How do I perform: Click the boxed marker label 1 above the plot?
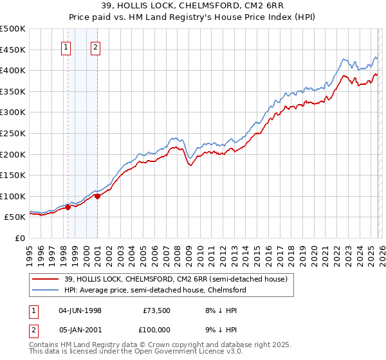(67, 46)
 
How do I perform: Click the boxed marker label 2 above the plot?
(95, 46)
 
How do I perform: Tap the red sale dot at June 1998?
(68, 207)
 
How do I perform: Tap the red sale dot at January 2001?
(97, 196)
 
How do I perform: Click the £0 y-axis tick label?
(21, 238)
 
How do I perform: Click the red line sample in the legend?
(46, 279)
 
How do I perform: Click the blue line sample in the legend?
(46, 290)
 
